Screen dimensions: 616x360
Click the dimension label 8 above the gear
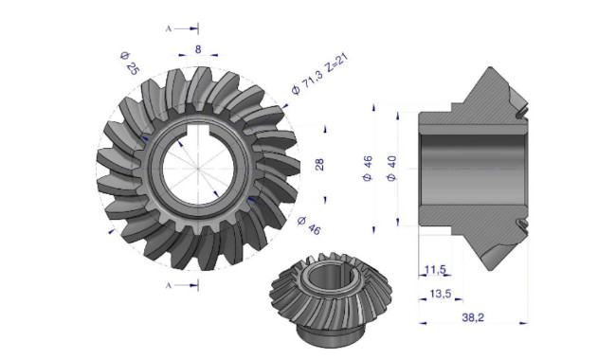pos(198,49)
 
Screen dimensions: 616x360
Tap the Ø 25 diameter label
pos(130,63)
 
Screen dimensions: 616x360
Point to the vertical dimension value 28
pos(319,164)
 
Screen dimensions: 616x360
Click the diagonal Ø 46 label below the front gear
pos(309,225)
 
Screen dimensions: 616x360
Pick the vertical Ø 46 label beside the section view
pos(368,169)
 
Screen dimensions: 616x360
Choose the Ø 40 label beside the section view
pos(391,169)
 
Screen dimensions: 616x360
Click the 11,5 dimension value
pos(435,270)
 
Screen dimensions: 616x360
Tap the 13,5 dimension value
pos(441,294)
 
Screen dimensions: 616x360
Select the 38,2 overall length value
pos(473,317)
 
